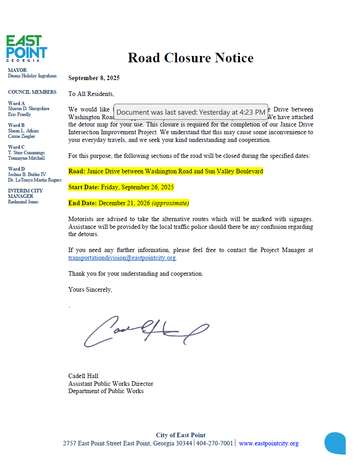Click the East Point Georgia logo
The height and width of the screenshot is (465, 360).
point(27,48)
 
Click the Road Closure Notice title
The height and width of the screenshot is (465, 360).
point(190,58)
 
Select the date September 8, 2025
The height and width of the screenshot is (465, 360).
point(94,78)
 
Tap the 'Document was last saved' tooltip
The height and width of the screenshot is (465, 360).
point(190,112)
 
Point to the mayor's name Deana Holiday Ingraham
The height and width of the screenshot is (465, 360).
point(32,76)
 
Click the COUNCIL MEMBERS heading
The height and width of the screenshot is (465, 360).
point(32,92)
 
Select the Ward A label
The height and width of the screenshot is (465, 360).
point(16,104)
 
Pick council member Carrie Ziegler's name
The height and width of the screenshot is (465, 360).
point(21,136)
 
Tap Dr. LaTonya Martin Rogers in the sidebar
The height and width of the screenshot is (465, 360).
point(35,180)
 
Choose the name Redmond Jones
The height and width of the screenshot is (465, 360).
point(23,202)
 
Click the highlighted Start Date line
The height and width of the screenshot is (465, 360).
point(121,187)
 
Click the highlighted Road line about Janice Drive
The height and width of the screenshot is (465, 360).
point(165,172)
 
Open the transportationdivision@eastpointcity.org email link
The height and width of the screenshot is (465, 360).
point(122,258)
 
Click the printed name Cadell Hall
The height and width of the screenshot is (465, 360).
point(83,376)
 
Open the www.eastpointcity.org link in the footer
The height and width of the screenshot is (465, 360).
point(268,443)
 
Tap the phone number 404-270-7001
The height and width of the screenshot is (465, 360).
point(215,443)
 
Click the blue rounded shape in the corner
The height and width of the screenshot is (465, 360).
point(335,443)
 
